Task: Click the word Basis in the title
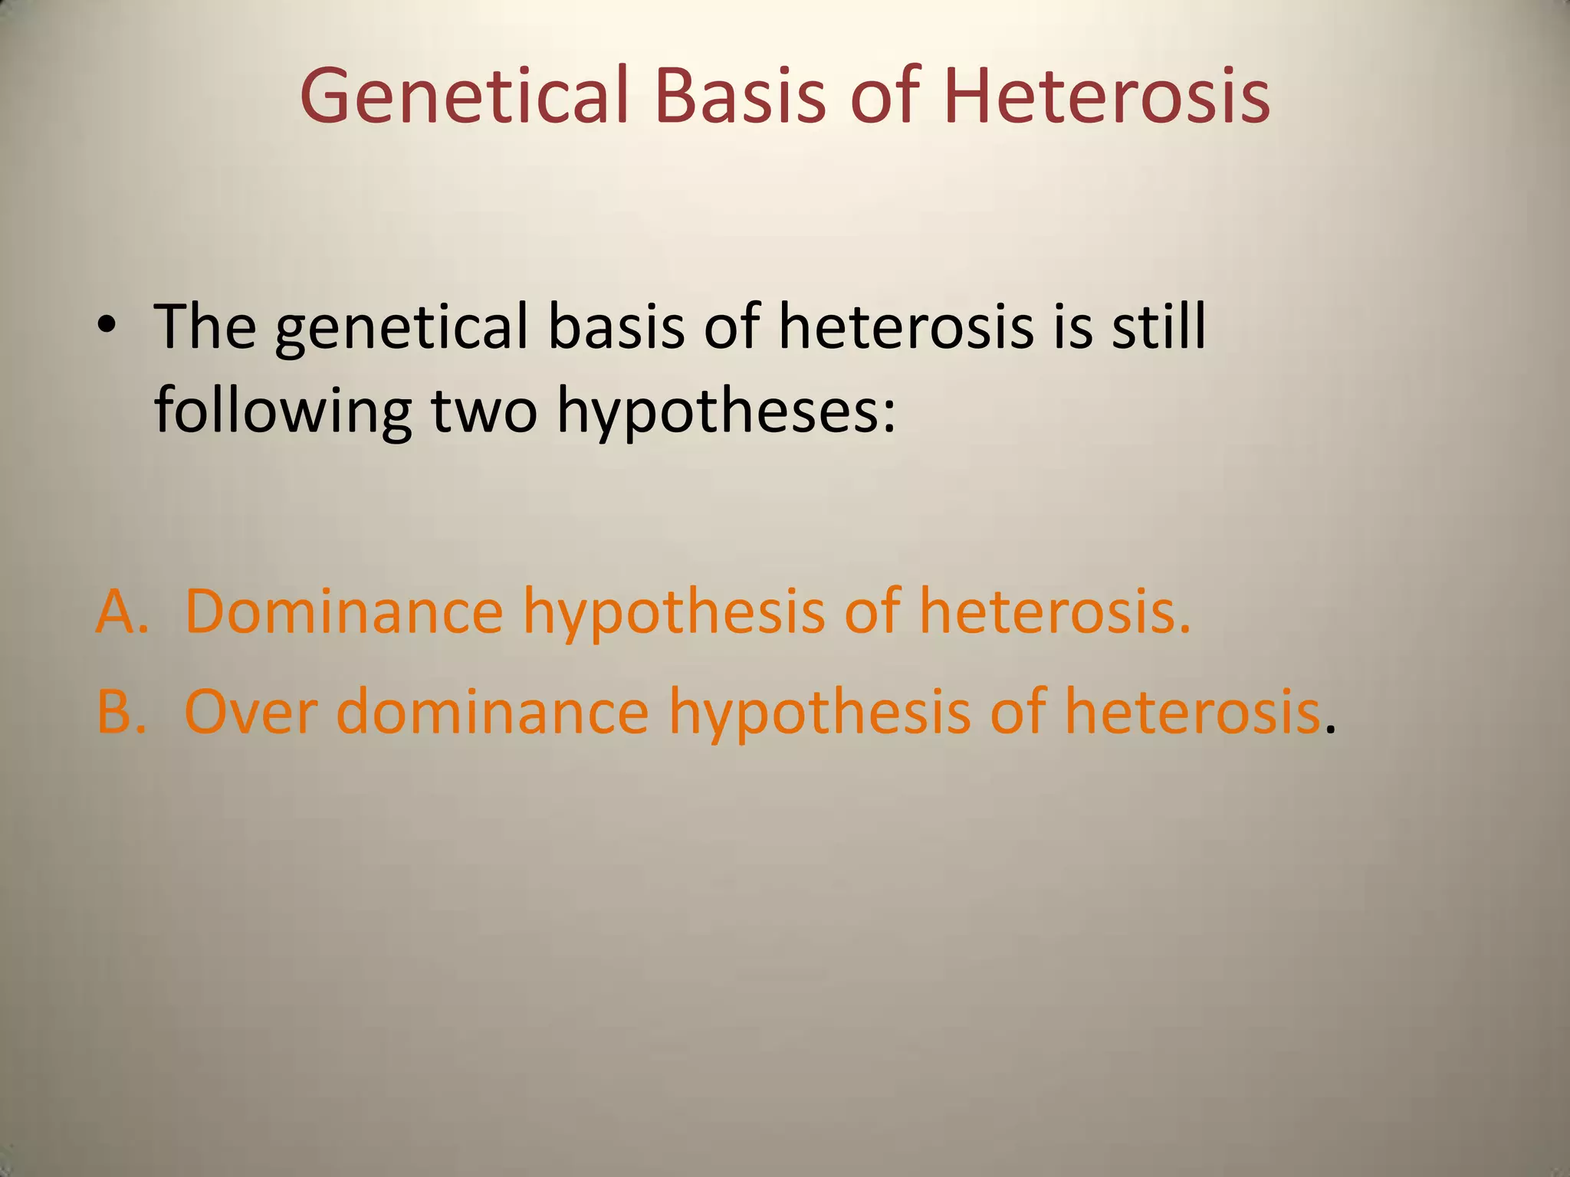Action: pos(741,96)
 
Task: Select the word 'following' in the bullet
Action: pos(283,411)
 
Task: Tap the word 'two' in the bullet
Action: pos(484,411)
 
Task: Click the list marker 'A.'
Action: pos(122,611)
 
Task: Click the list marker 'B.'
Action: pos(121,711)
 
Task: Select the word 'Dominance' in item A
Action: pos(343,611)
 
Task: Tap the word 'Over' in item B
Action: pos(251,711)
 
